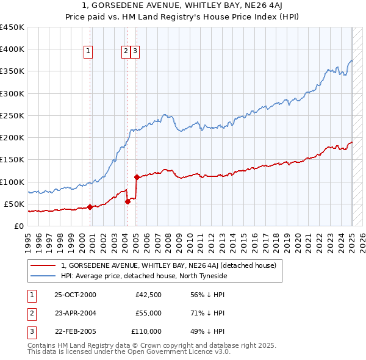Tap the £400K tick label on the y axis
click(x=12, y=49)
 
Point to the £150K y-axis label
click(x=12, y=160)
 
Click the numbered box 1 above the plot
click(x=89, y=52)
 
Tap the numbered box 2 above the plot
click(x=126, y=52)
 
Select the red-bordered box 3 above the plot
click(x=135, y=52)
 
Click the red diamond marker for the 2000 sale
click(x=90, y=207)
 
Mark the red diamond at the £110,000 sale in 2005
click(x=137, y=177)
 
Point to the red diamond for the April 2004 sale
click(x=127, y=201)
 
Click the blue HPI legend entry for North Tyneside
click(x=144, y=276)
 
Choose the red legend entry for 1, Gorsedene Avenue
click(x=169, y=265)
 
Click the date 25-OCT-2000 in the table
click(x=75, y=295)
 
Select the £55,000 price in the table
click(x=148, y=313)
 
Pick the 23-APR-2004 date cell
click(x=75, y=313)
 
